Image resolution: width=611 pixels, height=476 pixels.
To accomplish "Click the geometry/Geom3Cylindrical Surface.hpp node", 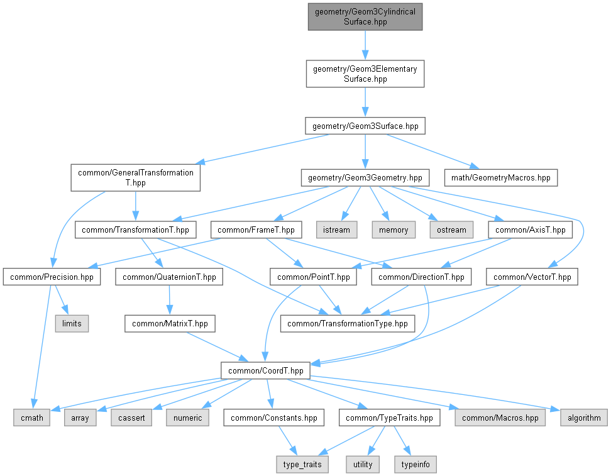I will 365,16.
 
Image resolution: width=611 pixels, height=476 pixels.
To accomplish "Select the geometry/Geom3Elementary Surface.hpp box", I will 365,74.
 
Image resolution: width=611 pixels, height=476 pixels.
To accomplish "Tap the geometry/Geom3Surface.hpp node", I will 365,126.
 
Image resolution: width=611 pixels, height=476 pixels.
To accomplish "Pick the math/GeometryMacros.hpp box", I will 501,178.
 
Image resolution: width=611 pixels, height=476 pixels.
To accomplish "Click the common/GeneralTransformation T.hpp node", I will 136,178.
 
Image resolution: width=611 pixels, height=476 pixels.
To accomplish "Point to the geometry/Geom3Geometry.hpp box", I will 365,178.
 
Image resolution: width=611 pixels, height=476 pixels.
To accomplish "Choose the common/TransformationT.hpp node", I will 136,230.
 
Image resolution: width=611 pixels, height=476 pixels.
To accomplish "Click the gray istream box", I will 336,230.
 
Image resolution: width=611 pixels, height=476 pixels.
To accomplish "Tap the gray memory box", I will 394,230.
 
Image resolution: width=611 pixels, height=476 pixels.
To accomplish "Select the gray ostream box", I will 451,230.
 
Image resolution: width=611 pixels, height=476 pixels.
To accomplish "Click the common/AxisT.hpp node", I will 531,230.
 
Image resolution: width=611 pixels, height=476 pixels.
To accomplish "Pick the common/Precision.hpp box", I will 52,277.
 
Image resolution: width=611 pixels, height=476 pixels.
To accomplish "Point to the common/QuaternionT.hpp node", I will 169,277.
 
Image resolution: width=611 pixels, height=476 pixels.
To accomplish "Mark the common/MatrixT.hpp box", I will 170,324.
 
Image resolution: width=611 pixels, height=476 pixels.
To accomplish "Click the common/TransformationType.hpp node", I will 348,324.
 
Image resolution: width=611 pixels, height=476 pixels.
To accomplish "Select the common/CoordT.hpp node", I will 266,370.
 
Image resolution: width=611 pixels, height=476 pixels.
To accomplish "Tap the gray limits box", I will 72,324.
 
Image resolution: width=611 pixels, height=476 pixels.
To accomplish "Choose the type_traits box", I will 302,465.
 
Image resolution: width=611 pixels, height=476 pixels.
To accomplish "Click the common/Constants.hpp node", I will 274,418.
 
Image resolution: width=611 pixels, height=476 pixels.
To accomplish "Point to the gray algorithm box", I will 584,418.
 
